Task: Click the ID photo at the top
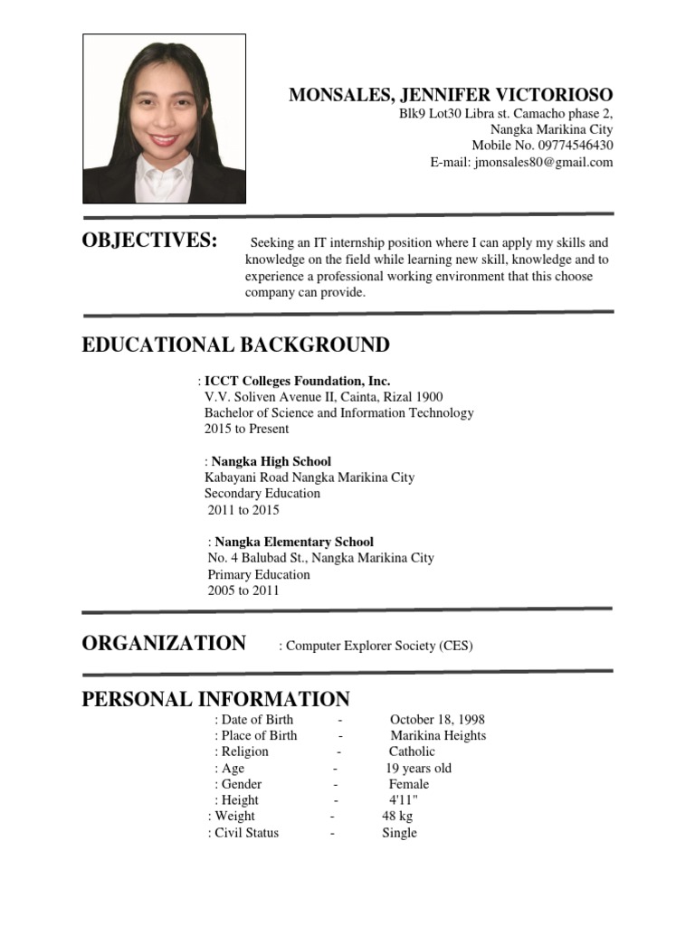[164, 118]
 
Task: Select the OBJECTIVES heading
[149, 241]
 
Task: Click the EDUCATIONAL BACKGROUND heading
[235, 345]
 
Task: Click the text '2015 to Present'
[246, 429]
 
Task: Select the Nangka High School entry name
[271, 461]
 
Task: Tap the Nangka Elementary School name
[293, 542]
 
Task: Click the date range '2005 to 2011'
[243, 591]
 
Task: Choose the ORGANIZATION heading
[164, 643]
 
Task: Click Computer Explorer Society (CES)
[379, 646]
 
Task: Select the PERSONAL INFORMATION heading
[215, 699]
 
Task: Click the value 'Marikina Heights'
[438, 735]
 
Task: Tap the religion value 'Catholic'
[412, 751]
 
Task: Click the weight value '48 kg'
[397, 817]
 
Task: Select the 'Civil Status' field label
[246, 833]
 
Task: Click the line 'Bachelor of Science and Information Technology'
[338, 412]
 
